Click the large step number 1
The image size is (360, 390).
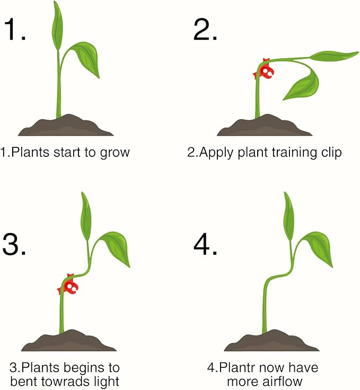[14, 29]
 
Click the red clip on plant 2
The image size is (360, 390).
[264, 70]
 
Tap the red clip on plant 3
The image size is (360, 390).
[68, 285]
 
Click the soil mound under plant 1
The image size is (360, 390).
[66, 126]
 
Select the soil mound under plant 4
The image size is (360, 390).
[271, 341]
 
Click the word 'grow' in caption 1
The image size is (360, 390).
[115, 153]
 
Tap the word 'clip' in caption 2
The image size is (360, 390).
[331, 152]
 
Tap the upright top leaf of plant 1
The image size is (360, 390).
[57, 26]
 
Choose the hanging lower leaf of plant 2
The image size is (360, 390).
[303, 85]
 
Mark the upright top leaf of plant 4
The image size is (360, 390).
[288, 216]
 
